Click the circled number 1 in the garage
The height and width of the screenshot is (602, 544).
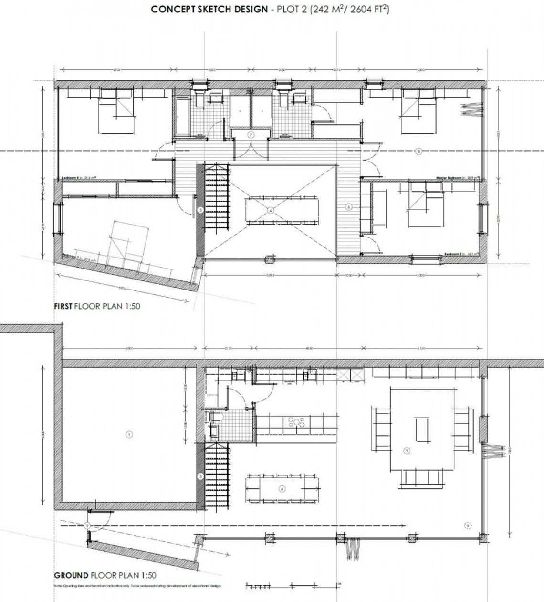tap(128, 434)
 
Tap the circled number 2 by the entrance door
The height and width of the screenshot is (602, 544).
tap(87, 526)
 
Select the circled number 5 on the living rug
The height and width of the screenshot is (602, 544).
tap(407, 450)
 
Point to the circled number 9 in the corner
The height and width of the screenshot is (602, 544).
tap(468, 526)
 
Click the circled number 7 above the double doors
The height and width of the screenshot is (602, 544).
tap(251, 135)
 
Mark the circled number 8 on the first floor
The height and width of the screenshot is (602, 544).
tap(418, 151)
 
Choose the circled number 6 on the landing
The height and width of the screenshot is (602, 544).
tap(348, 207)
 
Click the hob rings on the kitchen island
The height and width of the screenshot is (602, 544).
tap(296, 422)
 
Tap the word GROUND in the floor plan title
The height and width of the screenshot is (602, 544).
tap(71, 575)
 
